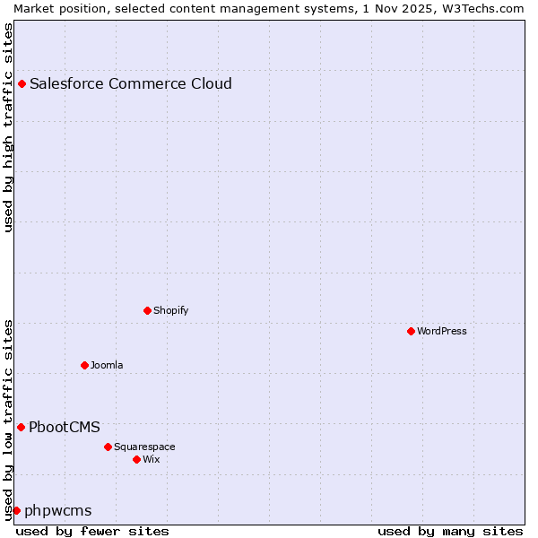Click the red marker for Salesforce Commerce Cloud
22,84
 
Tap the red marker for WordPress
411,331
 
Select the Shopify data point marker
147,310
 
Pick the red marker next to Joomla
84,365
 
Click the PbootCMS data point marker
21,427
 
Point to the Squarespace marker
108,447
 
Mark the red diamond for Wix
136,459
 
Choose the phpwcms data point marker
16,510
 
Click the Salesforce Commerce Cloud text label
131,84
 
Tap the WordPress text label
442,331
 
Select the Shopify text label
171,310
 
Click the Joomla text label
107,365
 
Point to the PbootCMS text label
65,427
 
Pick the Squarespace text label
144,447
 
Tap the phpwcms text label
58,510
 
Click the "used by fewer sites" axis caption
92,531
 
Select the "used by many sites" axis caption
450,531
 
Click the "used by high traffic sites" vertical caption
8,127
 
